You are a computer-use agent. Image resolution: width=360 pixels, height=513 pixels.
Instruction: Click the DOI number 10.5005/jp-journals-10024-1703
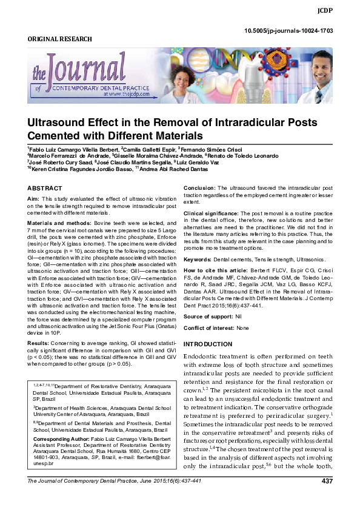click(287, 30)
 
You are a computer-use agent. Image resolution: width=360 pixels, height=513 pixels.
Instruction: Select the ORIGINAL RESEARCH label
click(60, 39)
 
